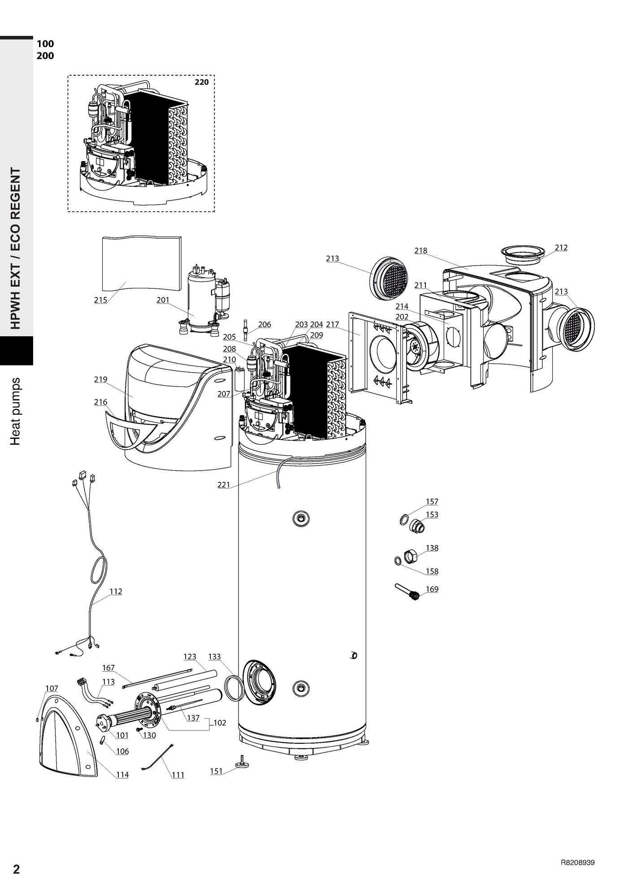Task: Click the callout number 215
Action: (x=100, y=300)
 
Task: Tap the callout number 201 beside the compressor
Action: (x=163, y=300)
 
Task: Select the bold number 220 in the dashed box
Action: (x=202, y=82)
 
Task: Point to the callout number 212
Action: (x=561, y=248)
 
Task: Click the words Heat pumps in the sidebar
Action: (x=16, y=412)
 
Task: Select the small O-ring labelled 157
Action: (x=404, y=520)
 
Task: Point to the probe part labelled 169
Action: (x=407, y=592)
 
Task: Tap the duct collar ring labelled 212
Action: (x=522, y=253)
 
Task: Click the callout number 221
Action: (x=224, y=485)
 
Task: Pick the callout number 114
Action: (x=122, y=775)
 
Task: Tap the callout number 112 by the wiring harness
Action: (x=116, y=591)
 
